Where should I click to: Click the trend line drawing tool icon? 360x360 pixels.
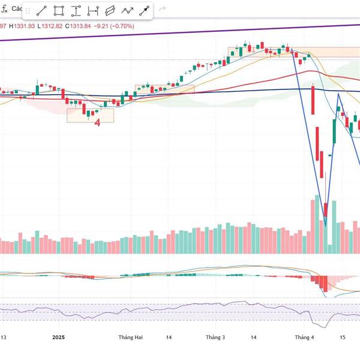[41, 11]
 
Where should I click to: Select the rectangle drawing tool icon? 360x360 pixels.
[59, 11]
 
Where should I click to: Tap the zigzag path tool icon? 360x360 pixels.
[127, 11]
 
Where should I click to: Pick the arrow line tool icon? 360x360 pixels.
[145, 11]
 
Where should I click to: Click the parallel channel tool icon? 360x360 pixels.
[110, 11]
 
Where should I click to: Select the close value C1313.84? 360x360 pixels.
[80, 26]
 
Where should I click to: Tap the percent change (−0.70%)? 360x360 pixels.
[123, 26]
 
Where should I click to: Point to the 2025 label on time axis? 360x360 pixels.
[58, 338]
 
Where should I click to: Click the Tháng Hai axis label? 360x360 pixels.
[130, 338]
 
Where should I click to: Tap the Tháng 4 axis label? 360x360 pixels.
[304, 338]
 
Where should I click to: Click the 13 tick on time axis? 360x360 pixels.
[4, 338]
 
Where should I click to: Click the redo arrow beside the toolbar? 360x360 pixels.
[162, 11]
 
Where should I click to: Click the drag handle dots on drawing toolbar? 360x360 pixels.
[27, 11]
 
